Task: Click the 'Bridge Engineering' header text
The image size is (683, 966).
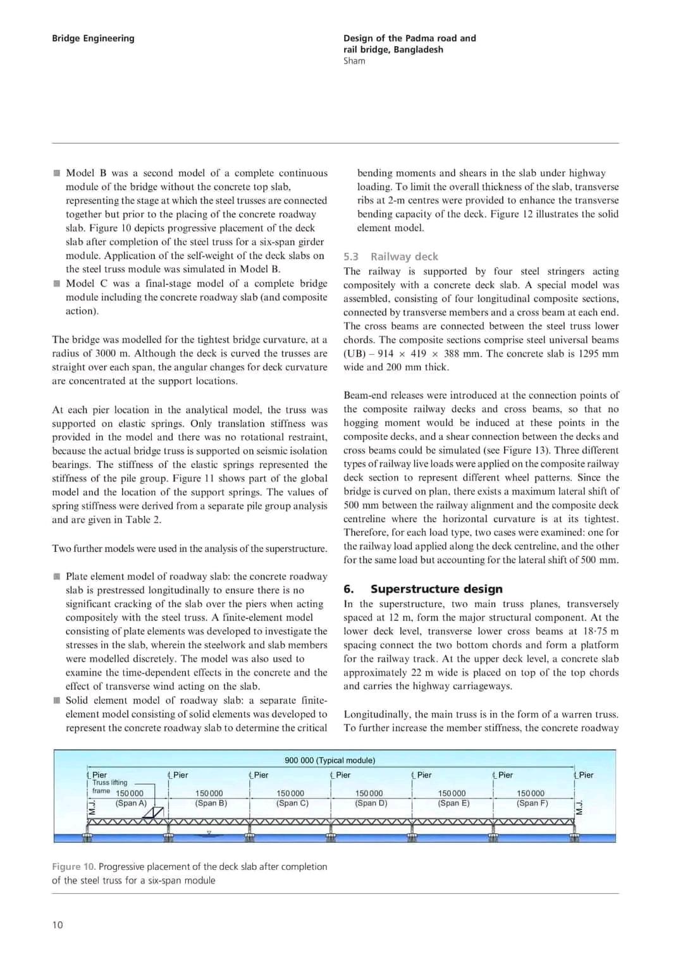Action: pos(93,38)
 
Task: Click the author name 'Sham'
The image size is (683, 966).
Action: pos(354,61)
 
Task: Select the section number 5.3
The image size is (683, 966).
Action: pos(351,257)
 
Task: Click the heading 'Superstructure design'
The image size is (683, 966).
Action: pos(436,589)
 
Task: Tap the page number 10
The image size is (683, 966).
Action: pos(58,925)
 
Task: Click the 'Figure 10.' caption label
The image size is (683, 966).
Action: pos(73,867)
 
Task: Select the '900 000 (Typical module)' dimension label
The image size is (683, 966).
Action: pos(329,761)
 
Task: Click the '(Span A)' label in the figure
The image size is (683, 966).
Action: pos(131,803)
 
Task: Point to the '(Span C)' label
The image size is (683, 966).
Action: pos(292,803)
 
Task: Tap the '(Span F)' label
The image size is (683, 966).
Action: pos(532,803)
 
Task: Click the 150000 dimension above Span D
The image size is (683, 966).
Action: pos(369,793)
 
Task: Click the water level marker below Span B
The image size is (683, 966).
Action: pos(209,833)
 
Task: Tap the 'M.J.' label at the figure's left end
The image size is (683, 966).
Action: pos(91,807)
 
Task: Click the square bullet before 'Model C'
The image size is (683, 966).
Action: pos(57,283)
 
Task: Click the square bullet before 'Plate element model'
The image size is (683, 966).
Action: pos(57,577)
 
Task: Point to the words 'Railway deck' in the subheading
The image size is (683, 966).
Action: pos(404,257)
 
